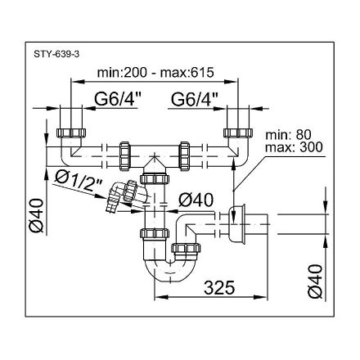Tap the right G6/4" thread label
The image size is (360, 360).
pyautogui.click(x=195, y=101)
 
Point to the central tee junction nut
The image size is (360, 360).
pyautogui.click(x=153, y=173)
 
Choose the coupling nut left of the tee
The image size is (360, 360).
pyautogui.click(x=125, y=153)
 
